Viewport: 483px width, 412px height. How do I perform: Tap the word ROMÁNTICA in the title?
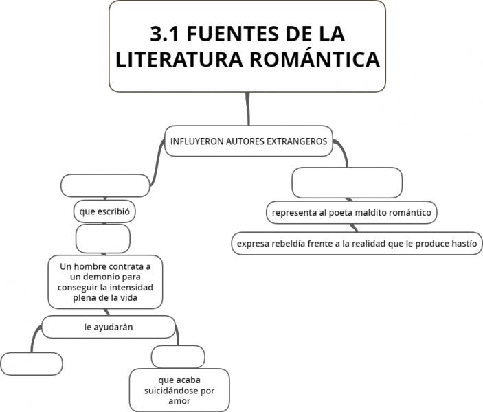315,59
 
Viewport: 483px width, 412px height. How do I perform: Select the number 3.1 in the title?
164,34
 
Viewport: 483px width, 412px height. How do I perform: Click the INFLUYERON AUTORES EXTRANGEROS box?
249,141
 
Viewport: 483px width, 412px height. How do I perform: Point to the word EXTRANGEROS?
297,141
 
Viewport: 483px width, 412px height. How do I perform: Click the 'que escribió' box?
104,211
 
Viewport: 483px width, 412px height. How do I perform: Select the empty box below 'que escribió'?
103,239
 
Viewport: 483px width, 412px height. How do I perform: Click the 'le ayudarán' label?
109,327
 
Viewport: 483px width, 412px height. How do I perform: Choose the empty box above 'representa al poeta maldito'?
347,183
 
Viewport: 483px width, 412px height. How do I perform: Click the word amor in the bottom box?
179,401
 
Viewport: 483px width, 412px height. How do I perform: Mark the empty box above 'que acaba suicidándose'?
178,356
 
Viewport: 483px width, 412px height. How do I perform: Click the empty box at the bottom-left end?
32,364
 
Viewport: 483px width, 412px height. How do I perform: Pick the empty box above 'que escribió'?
105,185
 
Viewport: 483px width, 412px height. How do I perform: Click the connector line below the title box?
247,108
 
